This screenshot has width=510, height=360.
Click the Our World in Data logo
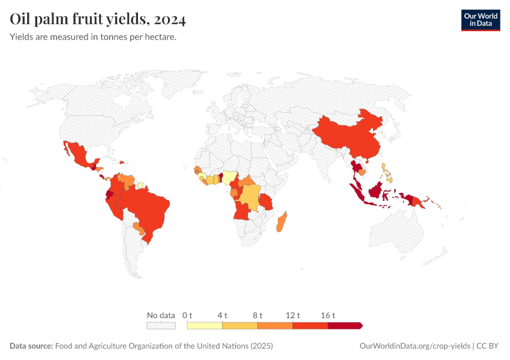(480, 20)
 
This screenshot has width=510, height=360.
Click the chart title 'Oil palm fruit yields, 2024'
(98, 20)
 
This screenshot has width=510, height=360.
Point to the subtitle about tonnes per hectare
(93, 37)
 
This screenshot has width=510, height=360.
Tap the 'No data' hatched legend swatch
(161, 325)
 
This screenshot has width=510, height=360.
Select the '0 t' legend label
(187, 315)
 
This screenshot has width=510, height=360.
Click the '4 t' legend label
(222, 315)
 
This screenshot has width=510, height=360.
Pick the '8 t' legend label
(257, 315)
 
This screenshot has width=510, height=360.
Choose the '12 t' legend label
(293, 315)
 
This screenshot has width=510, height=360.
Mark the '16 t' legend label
(328, 315)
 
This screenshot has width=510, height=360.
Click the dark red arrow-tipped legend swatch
(345, 325)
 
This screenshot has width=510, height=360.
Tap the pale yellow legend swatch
(205, 325)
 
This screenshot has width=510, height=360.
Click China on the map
(348, 135)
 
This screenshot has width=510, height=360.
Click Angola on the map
(244, 213)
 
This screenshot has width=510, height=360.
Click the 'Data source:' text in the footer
(31, 346)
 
